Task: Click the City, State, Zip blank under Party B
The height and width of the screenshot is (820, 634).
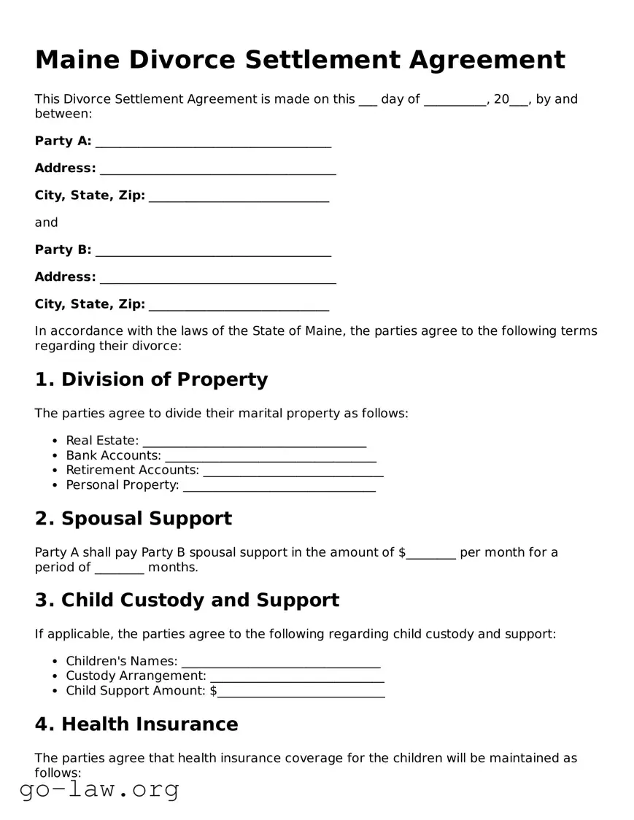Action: click(239, 306)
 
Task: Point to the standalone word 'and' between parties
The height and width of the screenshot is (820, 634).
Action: click(46, 223)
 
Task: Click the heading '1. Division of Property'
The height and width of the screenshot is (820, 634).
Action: click(151, 379)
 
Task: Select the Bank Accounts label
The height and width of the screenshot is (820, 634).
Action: click(113, 456)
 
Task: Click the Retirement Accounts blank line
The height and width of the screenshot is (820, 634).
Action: click(293, 471)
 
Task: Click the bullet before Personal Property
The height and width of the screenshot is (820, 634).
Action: click(55, 486)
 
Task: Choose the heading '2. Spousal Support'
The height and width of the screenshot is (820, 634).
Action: click(133, 519)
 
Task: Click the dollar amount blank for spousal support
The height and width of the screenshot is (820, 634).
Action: click(431, 554)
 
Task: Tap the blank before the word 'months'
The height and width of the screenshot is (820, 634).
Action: click(119, 568)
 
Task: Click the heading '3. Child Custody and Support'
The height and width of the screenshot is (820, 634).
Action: click(187, 600)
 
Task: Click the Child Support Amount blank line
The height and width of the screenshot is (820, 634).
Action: click(301, 692)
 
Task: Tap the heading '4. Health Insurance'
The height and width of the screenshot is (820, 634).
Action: click(136, 724)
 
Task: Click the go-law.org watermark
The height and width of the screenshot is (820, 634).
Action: click(99, 789)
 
